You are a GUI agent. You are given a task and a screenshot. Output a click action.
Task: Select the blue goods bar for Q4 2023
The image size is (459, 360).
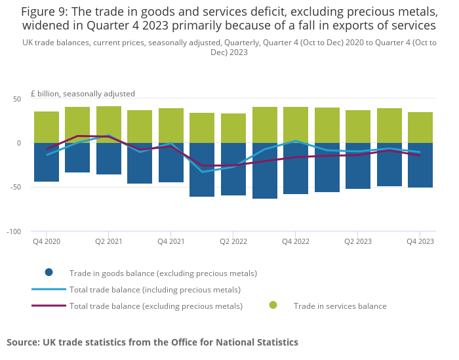click(x=420, y=165)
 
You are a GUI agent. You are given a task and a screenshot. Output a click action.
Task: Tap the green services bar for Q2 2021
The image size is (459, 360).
click(x=109, y=125)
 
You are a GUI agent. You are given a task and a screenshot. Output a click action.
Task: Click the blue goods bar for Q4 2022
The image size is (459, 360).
click(x=296, y=169)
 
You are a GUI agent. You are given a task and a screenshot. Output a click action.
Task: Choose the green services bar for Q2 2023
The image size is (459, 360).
click(x=358, y=127)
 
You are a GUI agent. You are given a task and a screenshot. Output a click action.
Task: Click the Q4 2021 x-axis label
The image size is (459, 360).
click(x=171, y=241)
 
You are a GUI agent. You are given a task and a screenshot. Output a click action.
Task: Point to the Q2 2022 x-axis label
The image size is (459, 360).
click(x=233, y=241)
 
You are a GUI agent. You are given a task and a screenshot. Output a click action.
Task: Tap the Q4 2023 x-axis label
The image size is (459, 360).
click(x=420, y=241)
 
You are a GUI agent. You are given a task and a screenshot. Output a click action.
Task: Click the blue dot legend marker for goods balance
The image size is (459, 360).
click(x=49, y=273)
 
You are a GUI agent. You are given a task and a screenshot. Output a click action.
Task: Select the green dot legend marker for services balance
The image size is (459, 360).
click(x=273, y=306)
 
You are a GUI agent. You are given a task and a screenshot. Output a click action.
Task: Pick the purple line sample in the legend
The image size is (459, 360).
click(x=49, y=306)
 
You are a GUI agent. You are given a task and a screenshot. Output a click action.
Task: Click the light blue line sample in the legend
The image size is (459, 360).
click(x=49, y=289)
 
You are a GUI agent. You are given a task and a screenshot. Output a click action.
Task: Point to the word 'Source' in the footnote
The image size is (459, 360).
click(x=24, y=342)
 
